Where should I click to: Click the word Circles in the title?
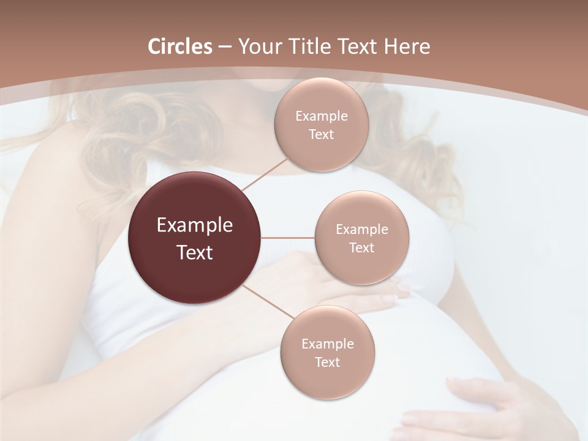click(x=180, y=47)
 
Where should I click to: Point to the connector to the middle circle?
click(x=288, y=238)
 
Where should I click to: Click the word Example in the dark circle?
click(x=195, y=225)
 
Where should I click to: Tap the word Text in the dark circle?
click(x=195, y=252)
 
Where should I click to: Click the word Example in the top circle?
click(x=322, y=116)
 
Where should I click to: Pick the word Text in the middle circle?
click(x=361, y=247)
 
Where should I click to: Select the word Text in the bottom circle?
click(x=327, y=362)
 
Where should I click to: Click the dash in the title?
click(x=225, y=47)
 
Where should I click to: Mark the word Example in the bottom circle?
click(x=328, y=344)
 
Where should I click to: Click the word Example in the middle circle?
click(x=362, y=229)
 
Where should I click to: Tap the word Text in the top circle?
click(x=321, y=134)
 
